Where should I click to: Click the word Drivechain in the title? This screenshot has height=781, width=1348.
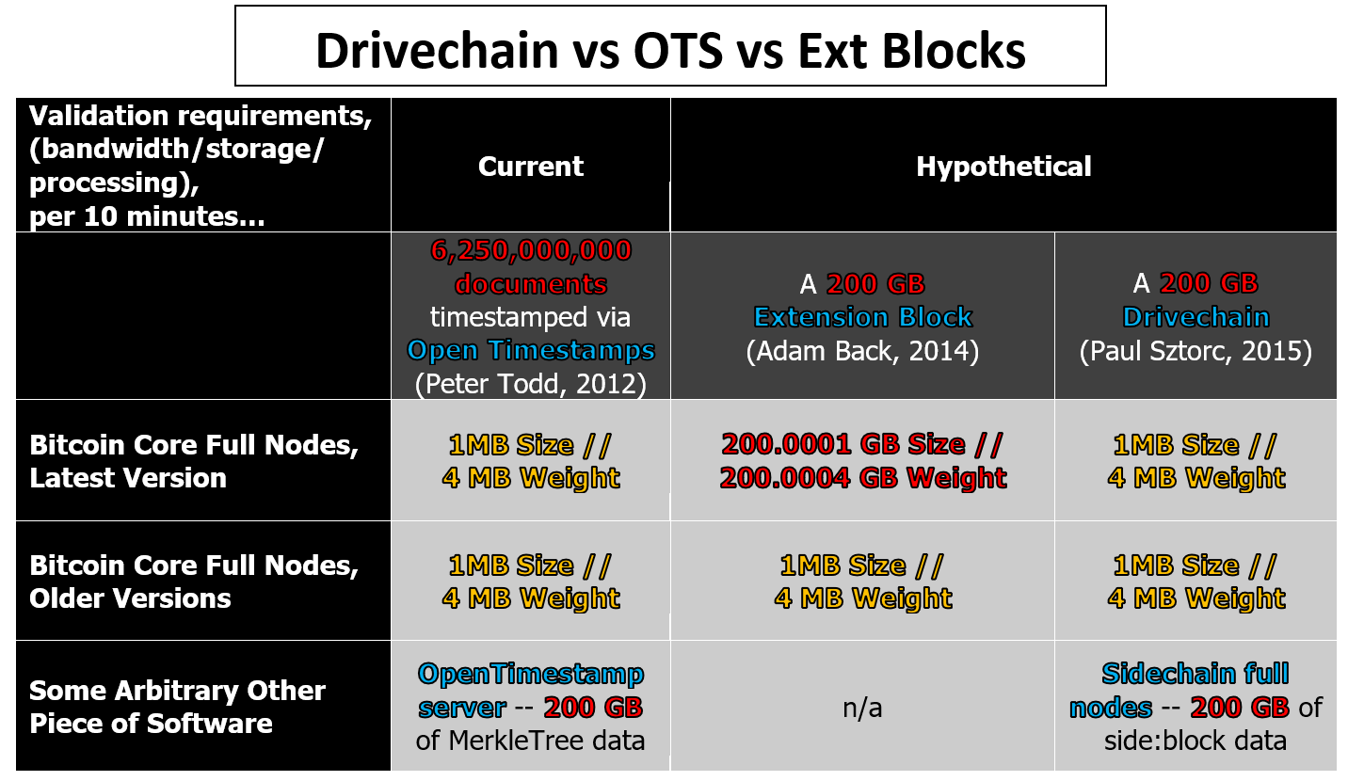[x=437, y=51]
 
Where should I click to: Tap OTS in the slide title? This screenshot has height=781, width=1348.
[x=678, y=51]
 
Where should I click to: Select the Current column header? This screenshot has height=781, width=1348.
[x=531, y=167]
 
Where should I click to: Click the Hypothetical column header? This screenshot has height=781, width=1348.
[x=1003, y=167]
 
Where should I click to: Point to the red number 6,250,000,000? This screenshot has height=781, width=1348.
[x=531, y=250]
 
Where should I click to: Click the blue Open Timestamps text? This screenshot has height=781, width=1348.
[x=531, y=350]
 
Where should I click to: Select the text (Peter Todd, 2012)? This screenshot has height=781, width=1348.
[x=531, y=384]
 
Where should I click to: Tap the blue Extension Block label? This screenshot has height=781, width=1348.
[x=862, y=317]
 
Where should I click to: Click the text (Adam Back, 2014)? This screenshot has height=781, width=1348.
[x=862, y=351]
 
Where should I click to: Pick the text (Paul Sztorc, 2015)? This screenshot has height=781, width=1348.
[x=1196, y=351]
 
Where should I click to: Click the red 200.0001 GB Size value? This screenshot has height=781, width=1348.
[x=862, y=445]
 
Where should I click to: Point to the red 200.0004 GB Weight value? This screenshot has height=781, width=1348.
[x=862, y=478]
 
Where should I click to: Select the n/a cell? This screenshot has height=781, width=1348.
[x=862, y=709]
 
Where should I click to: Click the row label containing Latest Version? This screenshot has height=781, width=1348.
[x=194, y=461]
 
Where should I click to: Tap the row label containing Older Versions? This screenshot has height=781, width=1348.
[x=194, y=582]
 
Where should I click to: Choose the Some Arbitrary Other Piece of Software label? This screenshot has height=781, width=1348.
[x=177, y=707]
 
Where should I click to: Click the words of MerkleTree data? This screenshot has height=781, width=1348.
[x=530, y=741]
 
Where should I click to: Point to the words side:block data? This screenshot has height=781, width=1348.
[x=1196, y=741]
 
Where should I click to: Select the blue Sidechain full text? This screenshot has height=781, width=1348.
[x=1196, y=674]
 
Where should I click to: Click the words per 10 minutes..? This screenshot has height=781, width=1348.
[x=147, y=216]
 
